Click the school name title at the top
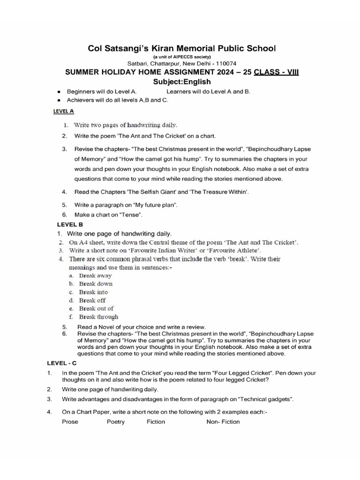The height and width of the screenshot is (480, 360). pyautogui.click(x=182, y=48)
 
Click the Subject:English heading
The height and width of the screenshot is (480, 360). pyautogui.click(x=182, y=82)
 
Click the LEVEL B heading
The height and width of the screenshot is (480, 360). pyautogui.click(x=70, y=225)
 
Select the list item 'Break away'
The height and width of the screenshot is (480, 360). pyautogui.click(x=95, y=276)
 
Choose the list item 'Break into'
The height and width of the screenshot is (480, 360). pyautogui.click(x=93, y=292)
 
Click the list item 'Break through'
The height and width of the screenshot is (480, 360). pyautogui.click(x=98, y=317)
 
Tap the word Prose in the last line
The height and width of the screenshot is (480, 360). pyautogui.click(x=70, y=422)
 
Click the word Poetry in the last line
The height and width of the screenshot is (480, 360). pyautogui.click(x=116, y=422)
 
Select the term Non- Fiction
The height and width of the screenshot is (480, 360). pyautogui.click(x=223, y=422)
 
